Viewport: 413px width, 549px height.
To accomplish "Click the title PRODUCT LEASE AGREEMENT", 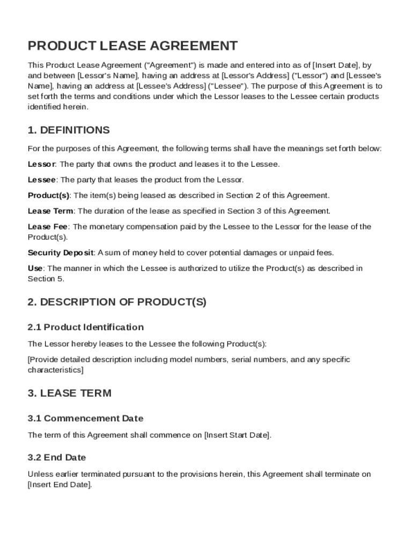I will pos(132,46).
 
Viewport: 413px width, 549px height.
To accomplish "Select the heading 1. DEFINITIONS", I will pos(69,130).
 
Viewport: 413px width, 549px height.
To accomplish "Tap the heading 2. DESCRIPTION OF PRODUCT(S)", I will pos(117,302).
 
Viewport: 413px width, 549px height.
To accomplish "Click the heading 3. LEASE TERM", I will pos(70,393).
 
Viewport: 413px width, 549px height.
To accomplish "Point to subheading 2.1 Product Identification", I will pos(86,327).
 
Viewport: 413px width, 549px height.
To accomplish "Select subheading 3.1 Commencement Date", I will pos(86,418).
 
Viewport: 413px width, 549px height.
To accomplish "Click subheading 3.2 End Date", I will pos(57,457).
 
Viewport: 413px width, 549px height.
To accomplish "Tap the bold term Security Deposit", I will pos(61,253).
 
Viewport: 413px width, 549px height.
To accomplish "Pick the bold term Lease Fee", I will pos(47,227).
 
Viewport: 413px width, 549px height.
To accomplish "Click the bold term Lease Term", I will pos(50,211).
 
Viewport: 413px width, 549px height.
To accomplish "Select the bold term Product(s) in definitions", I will pos(49,195).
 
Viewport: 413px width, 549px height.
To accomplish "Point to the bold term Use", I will pos(35,268).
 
